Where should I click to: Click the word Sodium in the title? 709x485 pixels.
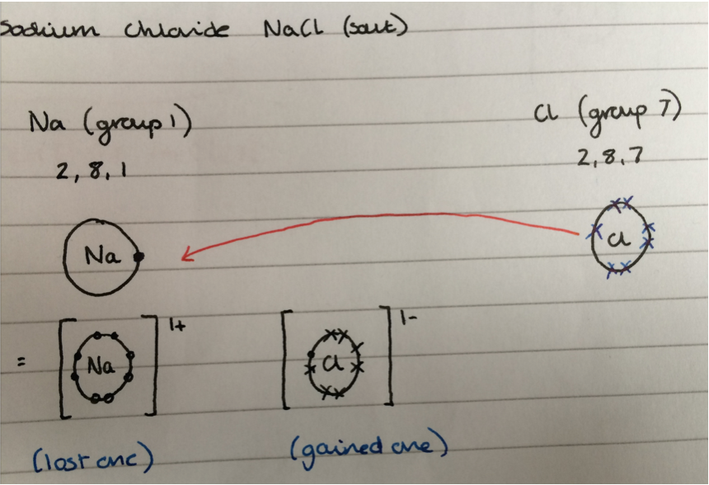(x=49, y=31)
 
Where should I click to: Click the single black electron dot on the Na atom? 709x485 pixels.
(x=140, y=257)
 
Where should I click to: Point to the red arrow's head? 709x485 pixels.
(x=185, y=257)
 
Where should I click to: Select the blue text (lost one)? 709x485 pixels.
(x=94, y=457)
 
